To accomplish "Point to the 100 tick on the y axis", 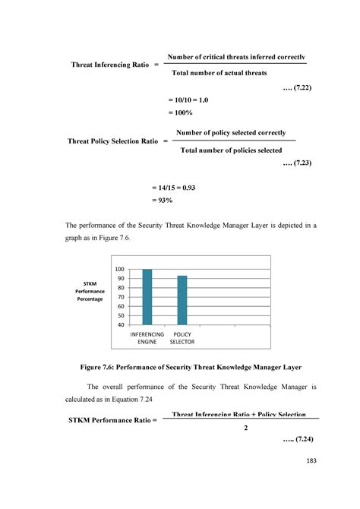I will (x=120, y=270).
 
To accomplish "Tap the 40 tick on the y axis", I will (x=120, y=324).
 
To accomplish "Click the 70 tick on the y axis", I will (x=120, y=297).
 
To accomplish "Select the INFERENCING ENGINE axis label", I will (x=147, y=338).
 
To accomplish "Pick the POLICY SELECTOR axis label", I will (x=182, y=338).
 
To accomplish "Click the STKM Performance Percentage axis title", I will (x=90, y=291).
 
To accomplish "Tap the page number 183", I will (x=310, y=461).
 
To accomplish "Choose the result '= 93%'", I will (x=159, y=201).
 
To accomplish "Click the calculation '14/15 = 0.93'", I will (x=170, y=187).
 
